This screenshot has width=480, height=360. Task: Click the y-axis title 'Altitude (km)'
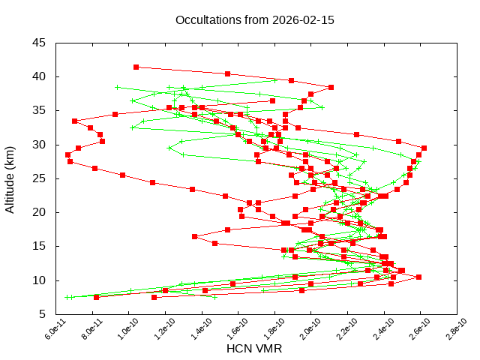tap(10, 178)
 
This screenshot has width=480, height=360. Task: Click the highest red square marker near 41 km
tap(136, 67)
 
